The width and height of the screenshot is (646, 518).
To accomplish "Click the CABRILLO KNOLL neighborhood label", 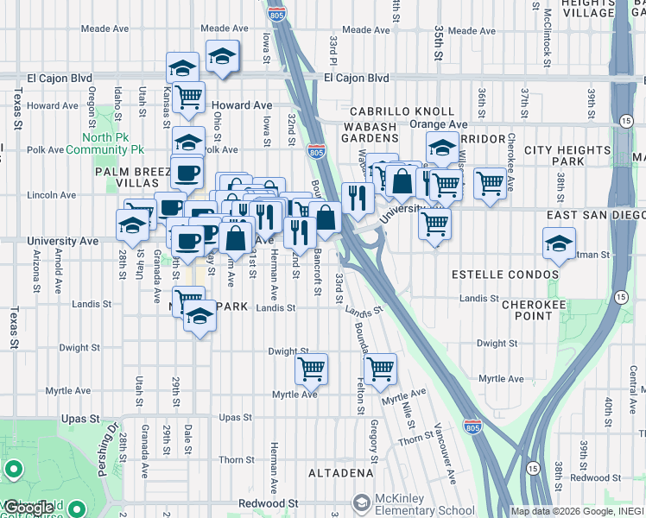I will coord(402,111).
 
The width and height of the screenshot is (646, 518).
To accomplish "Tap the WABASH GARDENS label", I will coord(373,133).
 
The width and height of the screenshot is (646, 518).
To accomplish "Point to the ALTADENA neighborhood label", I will coord(341,473).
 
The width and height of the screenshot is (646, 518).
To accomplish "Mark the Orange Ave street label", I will coord(439,124).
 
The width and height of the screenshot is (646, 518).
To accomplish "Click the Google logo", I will coord(29,508).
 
